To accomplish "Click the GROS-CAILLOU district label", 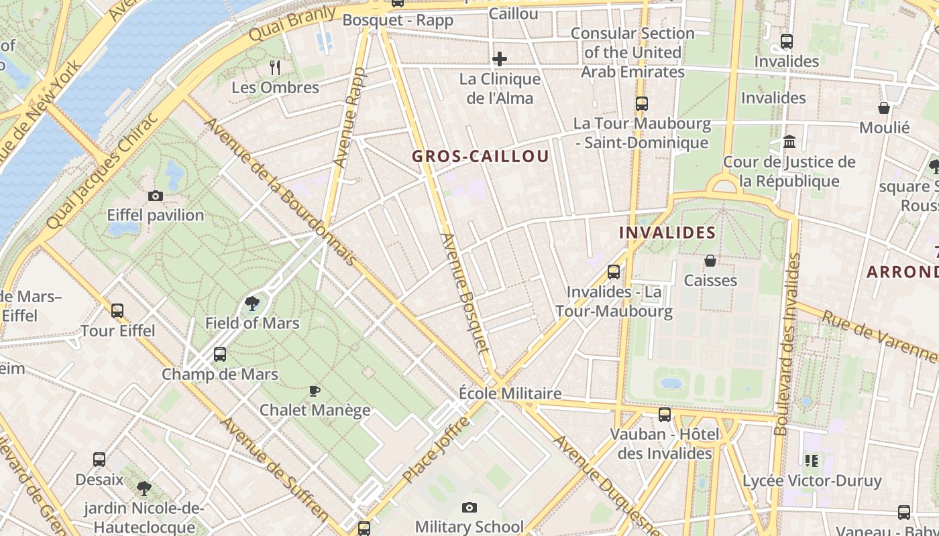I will [x=480, y=157].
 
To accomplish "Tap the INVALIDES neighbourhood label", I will [x=667, y=232].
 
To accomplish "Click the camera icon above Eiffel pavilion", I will [x=156, y=196].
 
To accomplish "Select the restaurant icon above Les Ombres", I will [x=274, y=67].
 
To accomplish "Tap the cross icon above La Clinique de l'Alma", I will [x=500, y=60].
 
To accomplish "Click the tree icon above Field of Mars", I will [x=252, y=304].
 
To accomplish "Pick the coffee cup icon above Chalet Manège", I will [x=314, y=391].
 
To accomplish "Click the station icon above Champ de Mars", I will [x=220, y=354].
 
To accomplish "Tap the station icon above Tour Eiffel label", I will [x=117, y=311].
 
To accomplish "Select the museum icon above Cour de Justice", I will [x=789, y=142].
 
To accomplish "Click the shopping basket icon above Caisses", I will [x=710, y=261].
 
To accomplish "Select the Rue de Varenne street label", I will [x=879, y=334].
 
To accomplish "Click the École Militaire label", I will [x=510, y=393].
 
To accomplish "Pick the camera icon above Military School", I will [x=469, y=508].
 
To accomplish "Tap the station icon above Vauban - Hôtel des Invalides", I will [x=664, y=415].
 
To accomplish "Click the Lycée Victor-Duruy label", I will [x=812, y=481].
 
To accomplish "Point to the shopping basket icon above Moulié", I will [x=884, y=108].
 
